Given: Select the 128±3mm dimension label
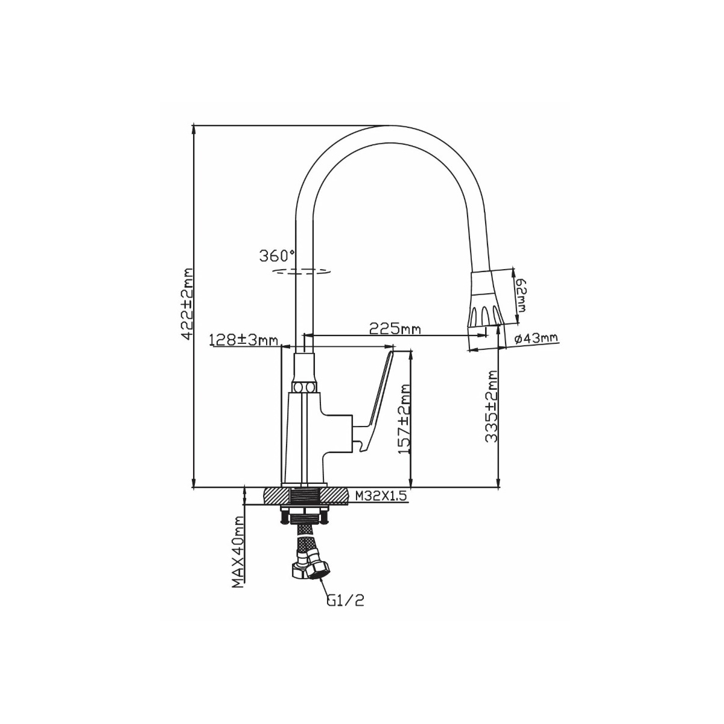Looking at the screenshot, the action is [x=244, y=340].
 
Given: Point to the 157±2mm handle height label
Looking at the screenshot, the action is [x=405, y=418].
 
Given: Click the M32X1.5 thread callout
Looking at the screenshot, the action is [x=381, y=497].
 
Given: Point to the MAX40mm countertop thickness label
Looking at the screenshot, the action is [x=238, y=557].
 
